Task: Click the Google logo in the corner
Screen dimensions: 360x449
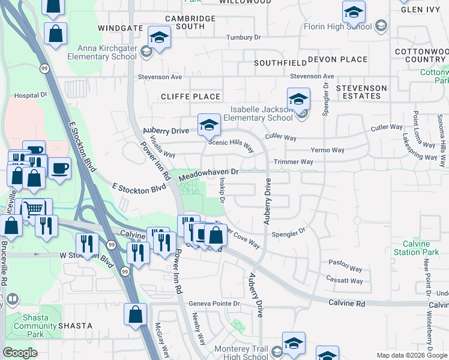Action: pyautogui.click(x=20, y=353)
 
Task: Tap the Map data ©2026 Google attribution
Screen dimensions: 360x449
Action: pyautogui.click(x=411, y=355)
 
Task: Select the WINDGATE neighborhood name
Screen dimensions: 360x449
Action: pyautogui.click(x=120, y=28)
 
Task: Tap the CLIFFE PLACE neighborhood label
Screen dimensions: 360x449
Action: pyautogui.click(x=191, y=97)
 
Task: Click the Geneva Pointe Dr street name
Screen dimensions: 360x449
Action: pyautogui.click(x=214, y=304)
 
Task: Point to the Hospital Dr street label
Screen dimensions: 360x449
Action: pyautogui.click(x=30, y=95)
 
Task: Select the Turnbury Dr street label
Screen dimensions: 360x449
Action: pyautogui.click(x=244, y=37)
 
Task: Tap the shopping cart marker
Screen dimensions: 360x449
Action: pyautogui.click(x=32, y=208)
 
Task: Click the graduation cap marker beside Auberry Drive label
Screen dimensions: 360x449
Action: pyautogui.click(x=208, y=125)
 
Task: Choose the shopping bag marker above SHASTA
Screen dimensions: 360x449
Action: pyautogui.click(x=136, y=314)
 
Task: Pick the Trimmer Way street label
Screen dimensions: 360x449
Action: pyautogui.click(x=294, y=162)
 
